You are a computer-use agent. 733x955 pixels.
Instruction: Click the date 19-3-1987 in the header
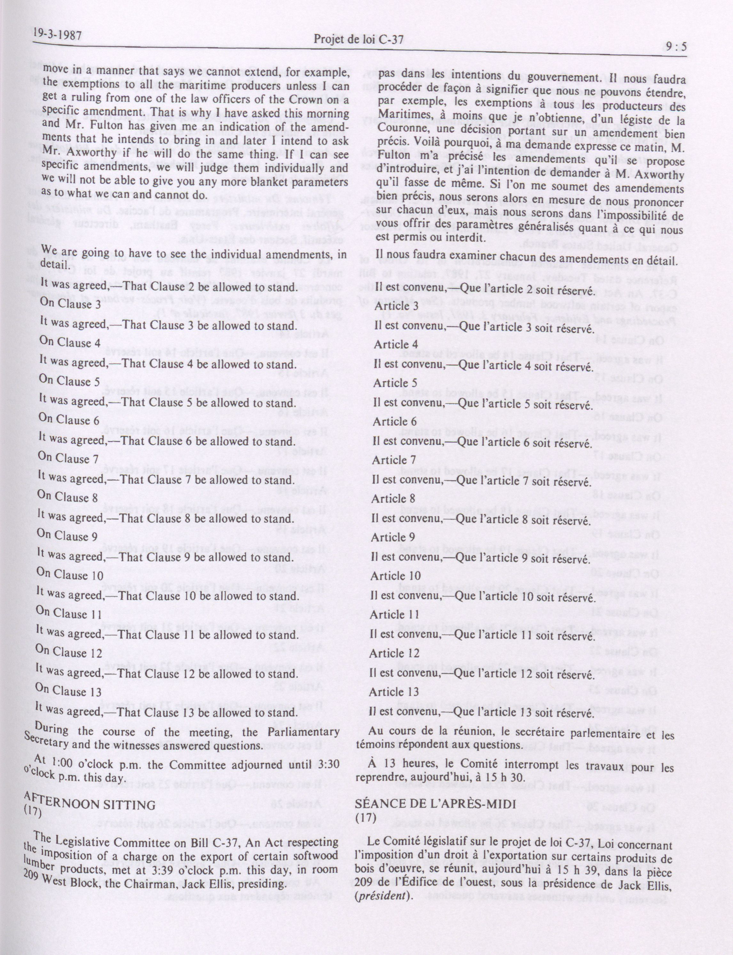coord(57,35)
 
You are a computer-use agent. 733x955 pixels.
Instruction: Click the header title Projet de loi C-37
coord(358,40)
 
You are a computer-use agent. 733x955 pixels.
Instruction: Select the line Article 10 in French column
coord(395,576)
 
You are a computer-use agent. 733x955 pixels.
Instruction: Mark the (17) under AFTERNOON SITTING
coord(32,811)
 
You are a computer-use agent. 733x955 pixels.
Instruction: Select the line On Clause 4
coord(70,343)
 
